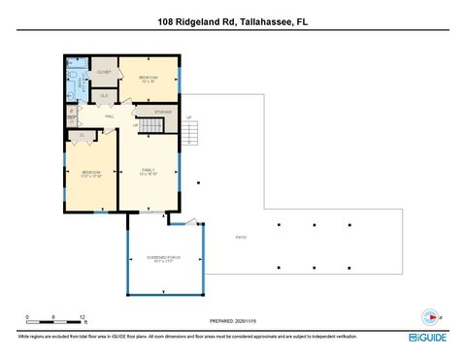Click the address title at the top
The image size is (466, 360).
233,18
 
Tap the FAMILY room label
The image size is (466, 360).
148,172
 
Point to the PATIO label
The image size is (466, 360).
241,237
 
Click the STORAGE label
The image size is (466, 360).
163,113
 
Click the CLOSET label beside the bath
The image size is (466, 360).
104,73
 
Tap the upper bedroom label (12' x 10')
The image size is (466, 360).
148,78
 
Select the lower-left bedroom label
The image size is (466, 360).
91,174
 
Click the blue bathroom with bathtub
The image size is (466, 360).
78,79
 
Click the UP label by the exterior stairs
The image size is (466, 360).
189,118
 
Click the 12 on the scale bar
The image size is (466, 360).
83,317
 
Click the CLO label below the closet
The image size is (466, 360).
104,95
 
